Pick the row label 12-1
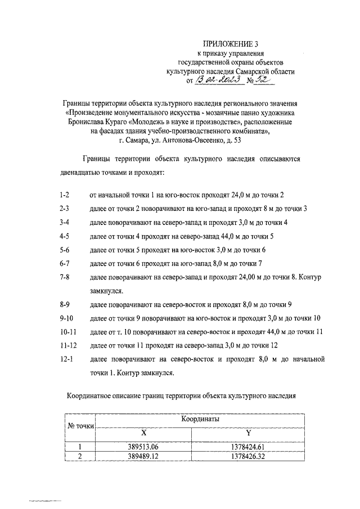[x=65, y=359]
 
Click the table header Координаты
[x=200, y=419]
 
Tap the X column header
[x=143, y=433]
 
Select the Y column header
[x=248, y=433]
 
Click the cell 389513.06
[x=143, y=447]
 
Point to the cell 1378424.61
[x=248, y=447]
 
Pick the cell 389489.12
[x=143, y=457]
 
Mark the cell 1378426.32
[x=248, y=457]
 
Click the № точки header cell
[x=80, y=426]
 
